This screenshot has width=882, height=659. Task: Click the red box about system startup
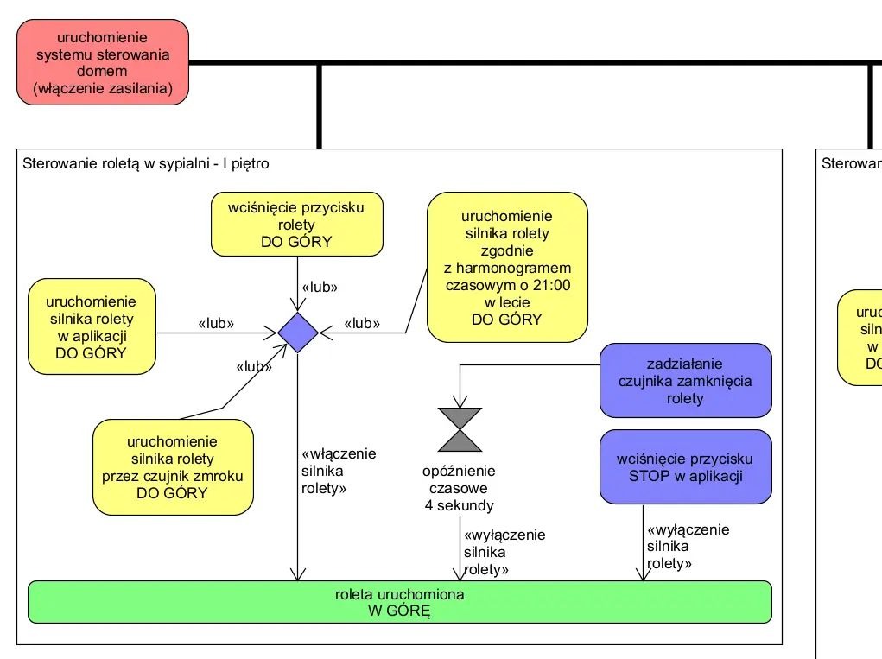(102, 62)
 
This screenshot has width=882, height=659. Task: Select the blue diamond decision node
(297, 333)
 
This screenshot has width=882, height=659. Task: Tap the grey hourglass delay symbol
(460, 429)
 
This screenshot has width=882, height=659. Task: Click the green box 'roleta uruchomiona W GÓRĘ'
(399, 603)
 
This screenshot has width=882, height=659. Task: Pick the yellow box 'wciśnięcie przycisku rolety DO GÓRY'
(296, 225)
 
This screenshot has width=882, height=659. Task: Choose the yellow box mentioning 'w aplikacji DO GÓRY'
(92, 327)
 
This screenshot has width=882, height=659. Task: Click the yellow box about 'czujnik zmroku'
(173, 466)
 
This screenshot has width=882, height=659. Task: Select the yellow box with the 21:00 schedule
(507, 268)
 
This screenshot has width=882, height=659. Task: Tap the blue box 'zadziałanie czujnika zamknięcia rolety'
(685, 381)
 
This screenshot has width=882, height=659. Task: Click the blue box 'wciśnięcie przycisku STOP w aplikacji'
(685, 466)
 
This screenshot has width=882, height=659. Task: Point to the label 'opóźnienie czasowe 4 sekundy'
(460, 488)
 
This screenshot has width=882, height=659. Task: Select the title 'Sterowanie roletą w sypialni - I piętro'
(146, 162)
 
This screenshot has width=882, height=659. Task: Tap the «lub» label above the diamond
(319, 287)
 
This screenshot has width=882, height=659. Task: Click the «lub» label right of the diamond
(363, 324)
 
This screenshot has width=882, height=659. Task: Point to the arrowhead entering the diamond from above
(297, 307)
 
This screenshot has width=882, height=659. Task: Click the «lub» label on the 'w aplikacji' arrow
(217, 324)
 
